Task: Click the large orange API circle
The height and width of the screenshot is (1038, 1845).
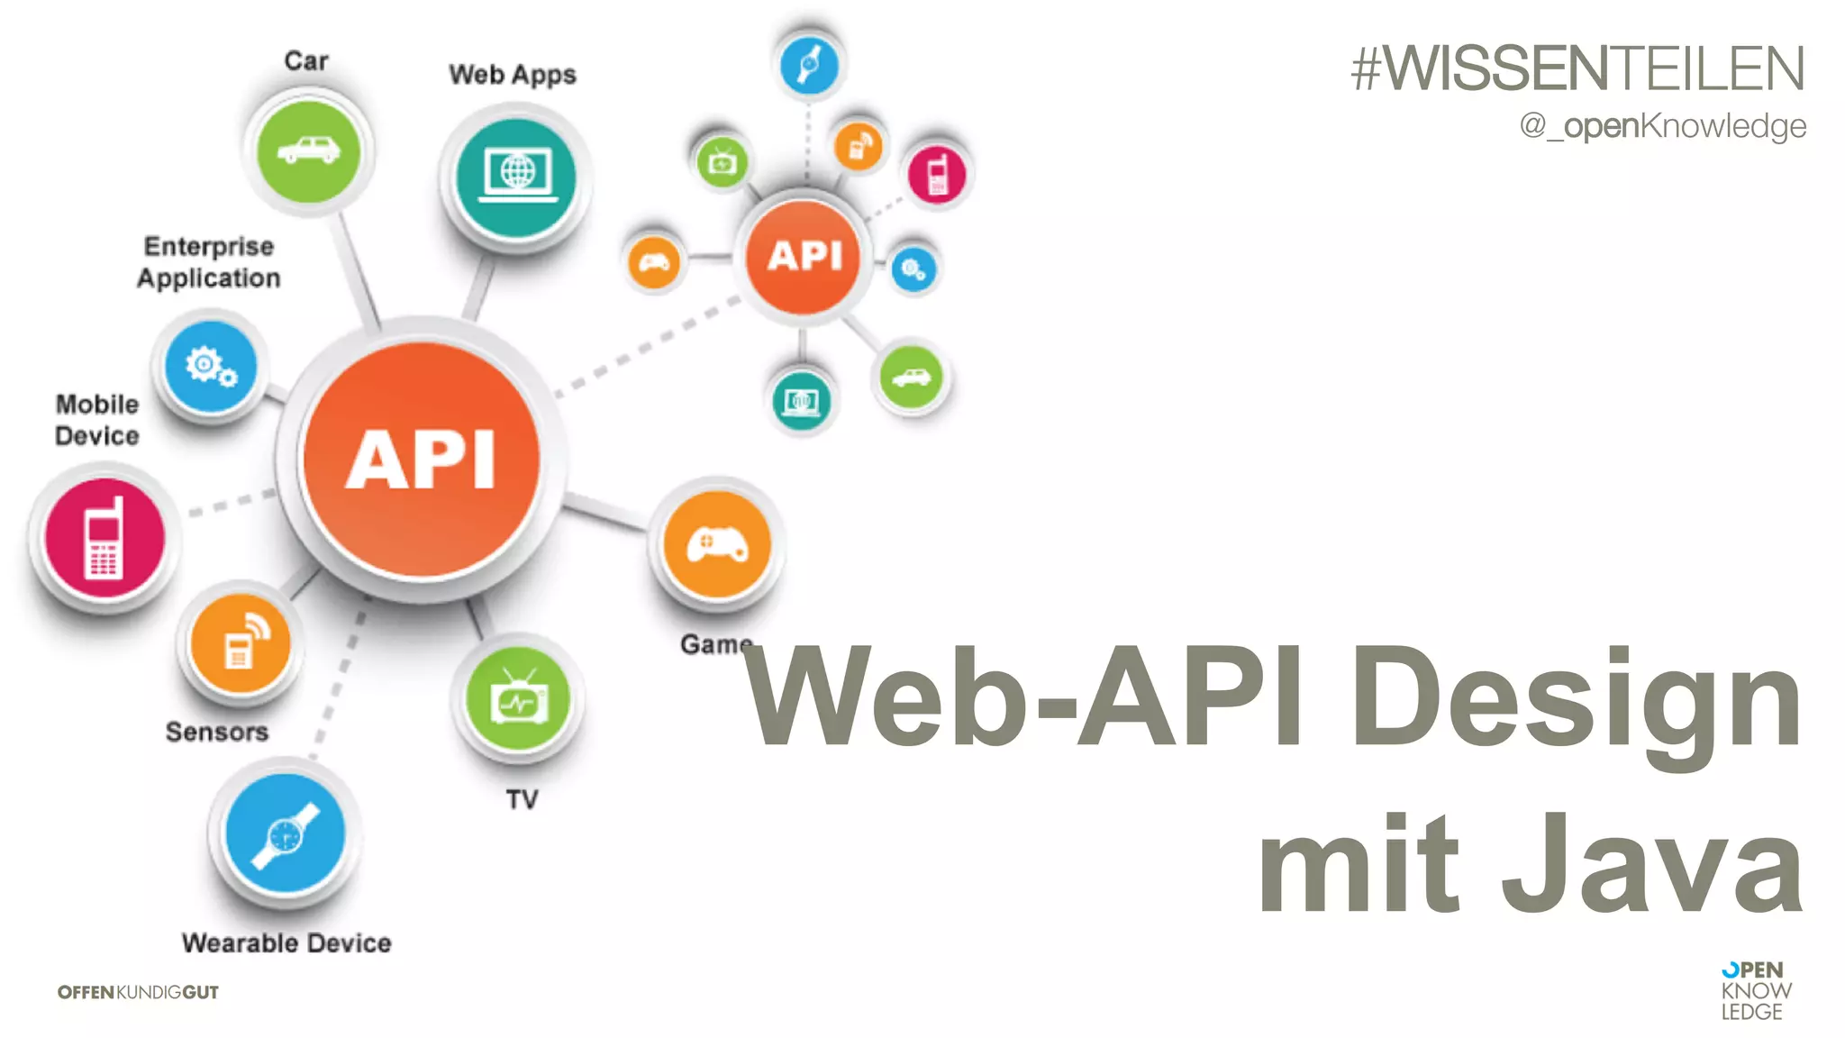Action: coord(422,459)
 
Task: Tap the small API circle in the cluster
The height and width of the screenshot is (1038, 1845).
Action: coord(804,256)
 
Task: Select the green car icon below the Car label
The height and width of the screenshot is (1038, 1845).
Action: coord(308,150)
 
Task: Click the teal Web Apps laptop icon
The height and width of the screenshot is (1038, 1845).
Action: coord(516,175)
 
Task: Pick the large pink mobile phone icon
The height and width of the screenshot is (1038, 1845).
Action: coord(105,539)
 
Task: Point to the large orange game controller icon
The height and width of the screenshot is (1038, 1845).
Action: coord(717,544)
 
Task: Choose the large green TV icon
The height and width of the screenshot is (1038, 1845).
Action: coord(518,699)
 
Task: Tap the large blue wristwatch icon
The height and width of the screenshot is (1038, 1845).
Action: coord(285,833)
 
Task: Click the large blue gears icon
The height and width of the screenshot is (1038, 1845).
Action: coord(211,367)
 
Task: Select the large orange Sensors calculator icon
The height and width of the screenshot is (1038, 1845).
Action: coord(240,642)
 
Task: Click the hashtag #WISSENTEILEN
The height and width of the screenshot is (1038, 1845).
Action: coord(1577,68)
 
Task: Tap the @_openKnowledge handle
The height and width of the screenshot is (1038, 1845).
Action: coord(1662,126)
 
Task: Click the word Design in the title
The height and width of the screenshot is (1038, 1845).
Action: coord(1577,698)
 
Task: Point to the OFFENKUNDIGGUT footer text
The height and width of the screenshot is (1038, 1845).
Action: coord(138,992)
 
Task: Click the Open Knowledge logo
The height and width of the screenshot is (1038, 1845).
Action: coord(1755,990)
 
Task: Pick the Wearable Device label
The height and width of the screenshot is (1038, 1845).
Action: coord(286,942)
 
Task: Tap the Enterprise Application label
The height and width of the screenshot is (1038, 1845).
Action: coord(209,262)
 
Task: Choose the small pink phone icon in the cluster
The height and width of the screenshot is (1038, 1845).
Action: coord(937,174)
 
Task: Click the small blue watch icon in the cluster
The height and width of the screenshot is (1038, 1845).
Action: coord(809,65)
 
